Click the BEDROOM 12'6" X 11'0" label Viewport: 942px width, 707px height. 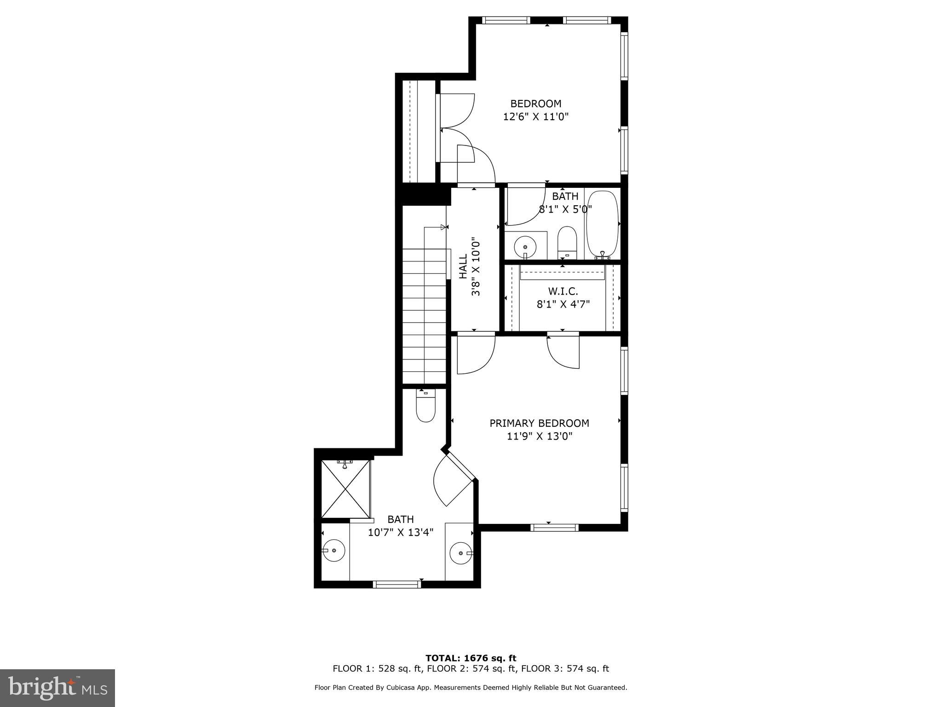click(x=536, y=110)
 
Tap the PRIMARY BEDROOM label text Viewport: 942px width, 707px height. click(x=539, y=423)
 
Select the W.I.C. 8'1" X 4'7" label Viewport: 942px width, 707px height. click(x=563, y=298)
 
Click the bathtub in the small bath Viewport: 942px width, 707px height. click(x=602, y=224)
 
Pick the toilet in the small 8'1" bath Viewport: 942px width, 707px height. click(x=567, y=241)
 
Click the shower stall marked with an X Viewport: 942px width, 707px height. click(x=345, y=489)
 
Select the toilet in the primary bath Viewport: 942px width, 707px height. click(x=425, y=406)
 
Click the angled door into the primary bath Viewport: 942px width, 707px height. click(x=453, y=481)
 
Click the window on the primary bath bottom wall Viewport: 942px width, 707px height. click(x=396, y=584)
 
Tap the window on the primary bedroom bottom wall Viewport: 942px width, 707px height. click(x=554, y=527)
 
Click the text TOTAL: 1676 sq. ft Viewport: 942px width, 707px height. click(x=471, y=658)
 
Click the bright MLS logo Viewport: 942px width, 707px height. click(x=57, y=688)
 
